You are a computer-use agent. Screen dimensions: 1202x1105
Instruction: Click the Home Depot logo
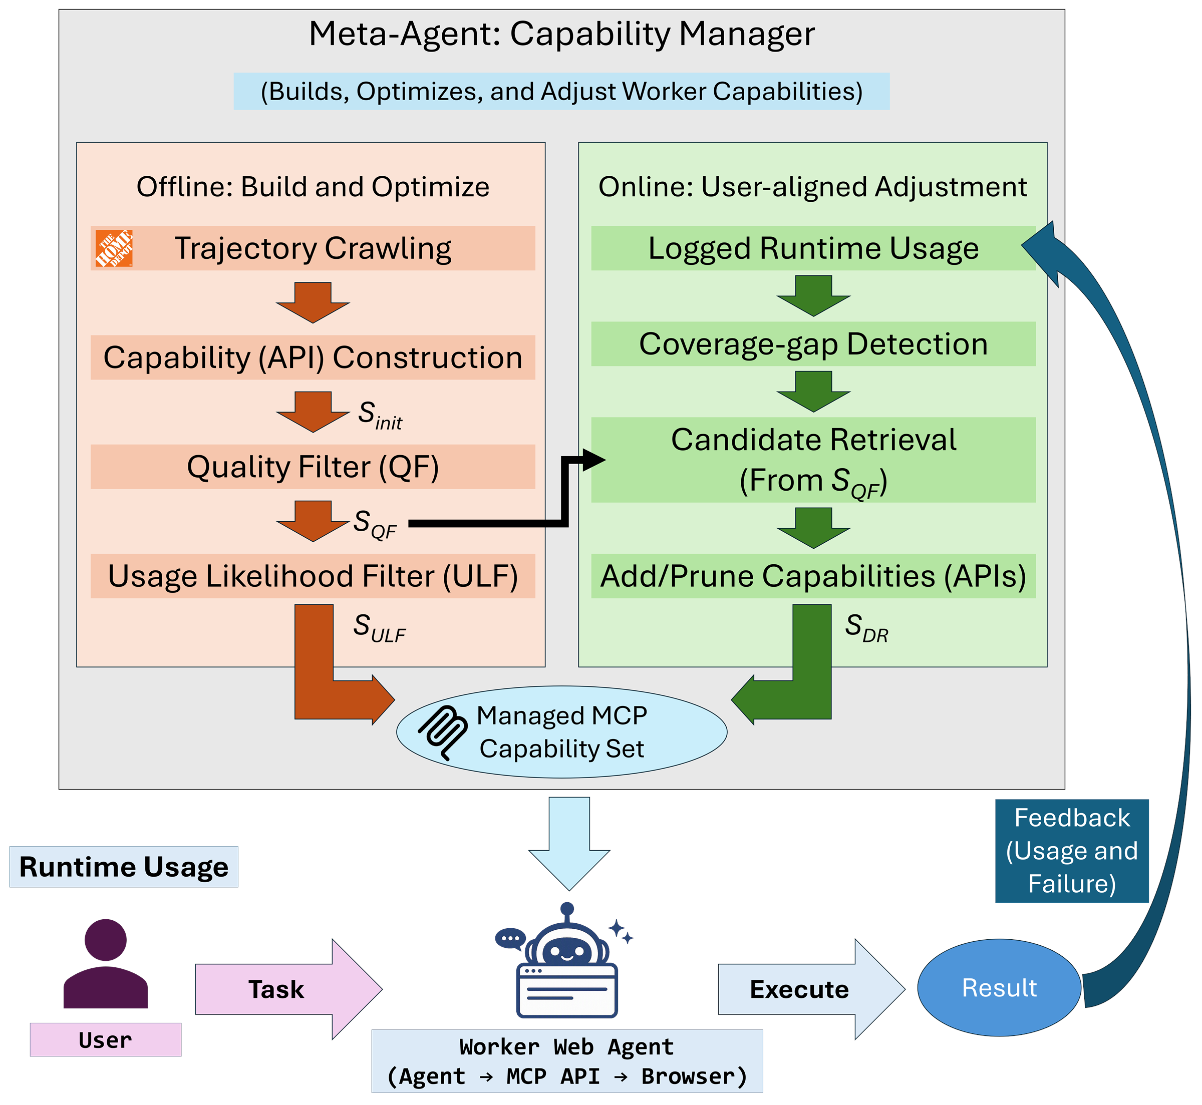114,248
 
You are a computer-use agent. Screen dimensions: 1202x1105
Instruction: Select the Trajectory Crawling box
313,248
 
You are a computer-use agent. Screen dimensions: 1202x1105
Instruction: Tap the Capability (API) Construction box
313,357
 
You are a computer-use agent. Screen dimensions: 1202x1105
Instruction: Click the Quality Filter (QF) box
313,467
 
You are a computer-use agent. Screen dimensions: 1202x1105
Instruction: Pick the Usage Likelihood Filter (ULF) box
313,576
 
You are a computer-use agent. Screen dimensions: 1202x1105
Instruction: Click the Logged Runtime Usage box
813,248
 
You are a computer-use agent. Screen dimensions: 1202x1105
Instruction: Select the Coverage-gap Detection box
813,344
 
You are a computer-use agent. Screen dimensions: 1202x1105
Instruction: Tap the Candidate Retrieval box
813,460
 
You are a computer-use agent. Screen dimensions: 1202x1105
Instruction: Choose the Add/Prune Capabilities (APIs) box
813,576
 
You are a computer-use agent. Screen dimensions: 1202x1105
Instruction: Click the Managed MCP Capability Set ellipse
561,732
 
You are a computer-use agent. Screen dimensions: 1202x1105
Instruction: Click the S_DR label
866,628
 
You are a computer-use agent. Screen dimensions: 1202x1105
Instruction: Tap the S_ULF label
379,628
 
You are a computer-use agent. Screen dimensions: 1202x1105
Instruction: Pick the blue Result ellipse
999,988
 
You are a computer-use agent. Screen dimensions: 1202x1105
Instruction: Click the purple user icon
106,964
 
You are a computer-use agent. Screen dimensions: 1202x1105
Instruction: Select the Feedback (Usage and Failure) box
1072,851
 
